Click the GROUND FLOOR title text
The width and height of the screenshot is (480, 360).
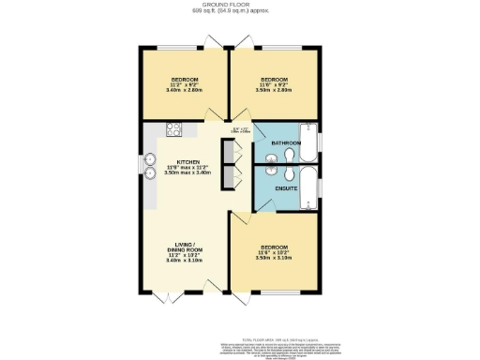click(x=240, y=5)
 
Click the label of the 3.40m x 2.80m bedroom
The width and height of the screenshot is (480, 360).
click(x=184, y=79)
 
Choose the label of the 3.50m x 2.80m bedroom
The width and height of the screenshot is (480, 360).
click(x=274, y=79)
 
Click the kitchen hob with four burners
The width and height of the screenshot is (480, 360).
click(x=173, y=130)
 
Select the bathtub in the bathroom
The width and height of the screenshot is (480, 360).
click(x=307, y=142)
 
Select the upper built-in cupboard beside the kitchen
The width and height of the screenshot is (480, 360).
click(x=225, y=153)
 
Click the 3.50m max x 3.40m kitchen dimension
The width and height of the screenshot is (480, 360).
click(x=187, y=173)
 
